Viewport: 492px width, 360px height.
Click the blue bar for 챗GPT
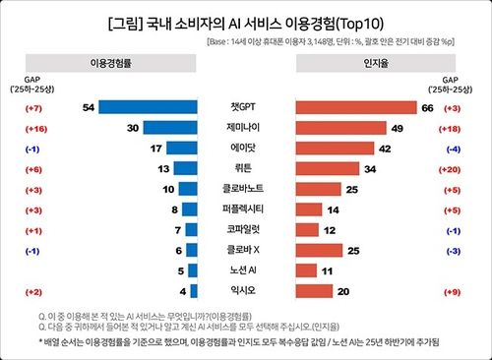coord(147,106)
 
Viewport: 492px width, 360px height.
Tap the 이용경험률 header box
coord(132,75)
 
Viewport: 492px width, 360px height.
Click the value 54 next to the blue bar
coord(90,106)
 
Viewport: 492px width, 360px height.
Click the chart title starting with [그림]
coord(246,21)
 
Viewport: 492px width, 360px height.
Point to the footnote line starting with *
coord(246,339)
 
